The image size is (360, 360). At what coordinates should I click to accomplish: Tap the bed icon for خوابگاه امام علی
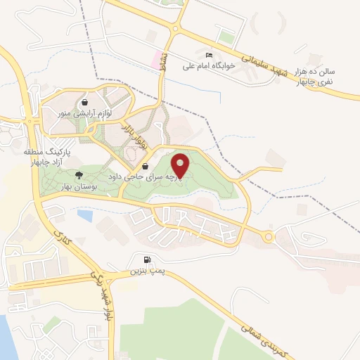click(207, 55)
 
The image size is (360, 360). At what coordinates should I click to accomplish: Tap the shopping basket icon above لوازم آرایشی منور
click(84, 102)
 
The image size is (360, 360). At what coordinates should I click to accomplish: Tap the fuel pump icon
click(146, 259)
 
